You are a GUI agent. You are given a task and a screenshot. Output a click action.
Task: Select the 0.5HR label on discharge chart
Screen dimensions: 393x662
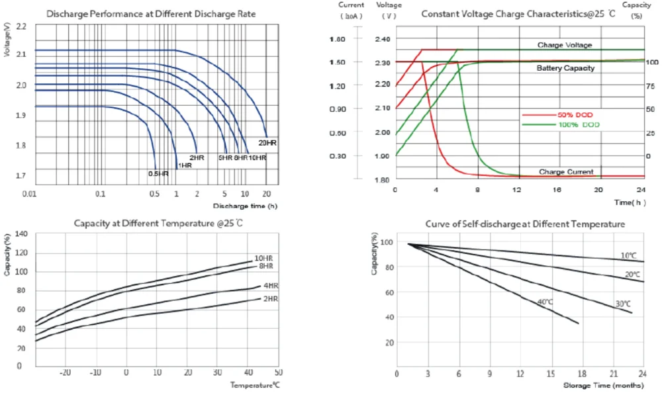coord(158,173)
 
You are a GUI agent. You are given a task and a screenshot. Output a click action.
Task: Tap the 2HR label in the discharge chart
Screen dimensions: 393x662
coord(196,157)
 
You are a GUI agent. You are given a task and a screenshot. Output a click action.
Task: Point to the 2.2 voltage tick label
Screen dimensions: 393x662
coord(21,26)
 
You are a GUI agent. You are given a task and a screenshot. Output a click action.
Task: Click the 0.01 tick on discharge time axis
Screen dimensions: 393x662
coord(28,194)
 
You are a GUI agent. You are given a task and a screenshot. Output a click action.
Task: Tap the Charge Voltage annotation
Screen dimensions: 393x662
coord(564,45)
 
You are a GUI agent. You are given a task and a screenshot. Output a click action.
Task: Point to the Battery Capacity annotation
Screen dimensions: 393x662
coord(565,68)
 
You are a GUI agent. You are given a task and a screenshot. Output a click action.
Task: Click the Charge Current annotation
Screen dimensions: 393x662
coord(566,172)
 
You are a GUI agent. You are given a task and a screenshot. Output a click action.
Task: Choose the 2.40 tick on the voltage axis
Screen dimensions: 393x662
coord(383,39)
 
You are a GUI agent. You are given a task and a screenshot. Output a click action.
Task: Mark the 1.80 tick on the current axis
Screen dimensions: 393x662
coord(337,39)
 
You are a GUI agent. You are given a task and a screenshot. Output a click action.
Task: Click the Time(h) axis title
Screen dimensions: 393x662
coord(629,202)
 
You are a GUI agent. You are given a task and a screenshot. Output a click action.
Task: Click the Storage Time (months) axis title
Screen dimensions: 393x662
coord(602,384)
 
